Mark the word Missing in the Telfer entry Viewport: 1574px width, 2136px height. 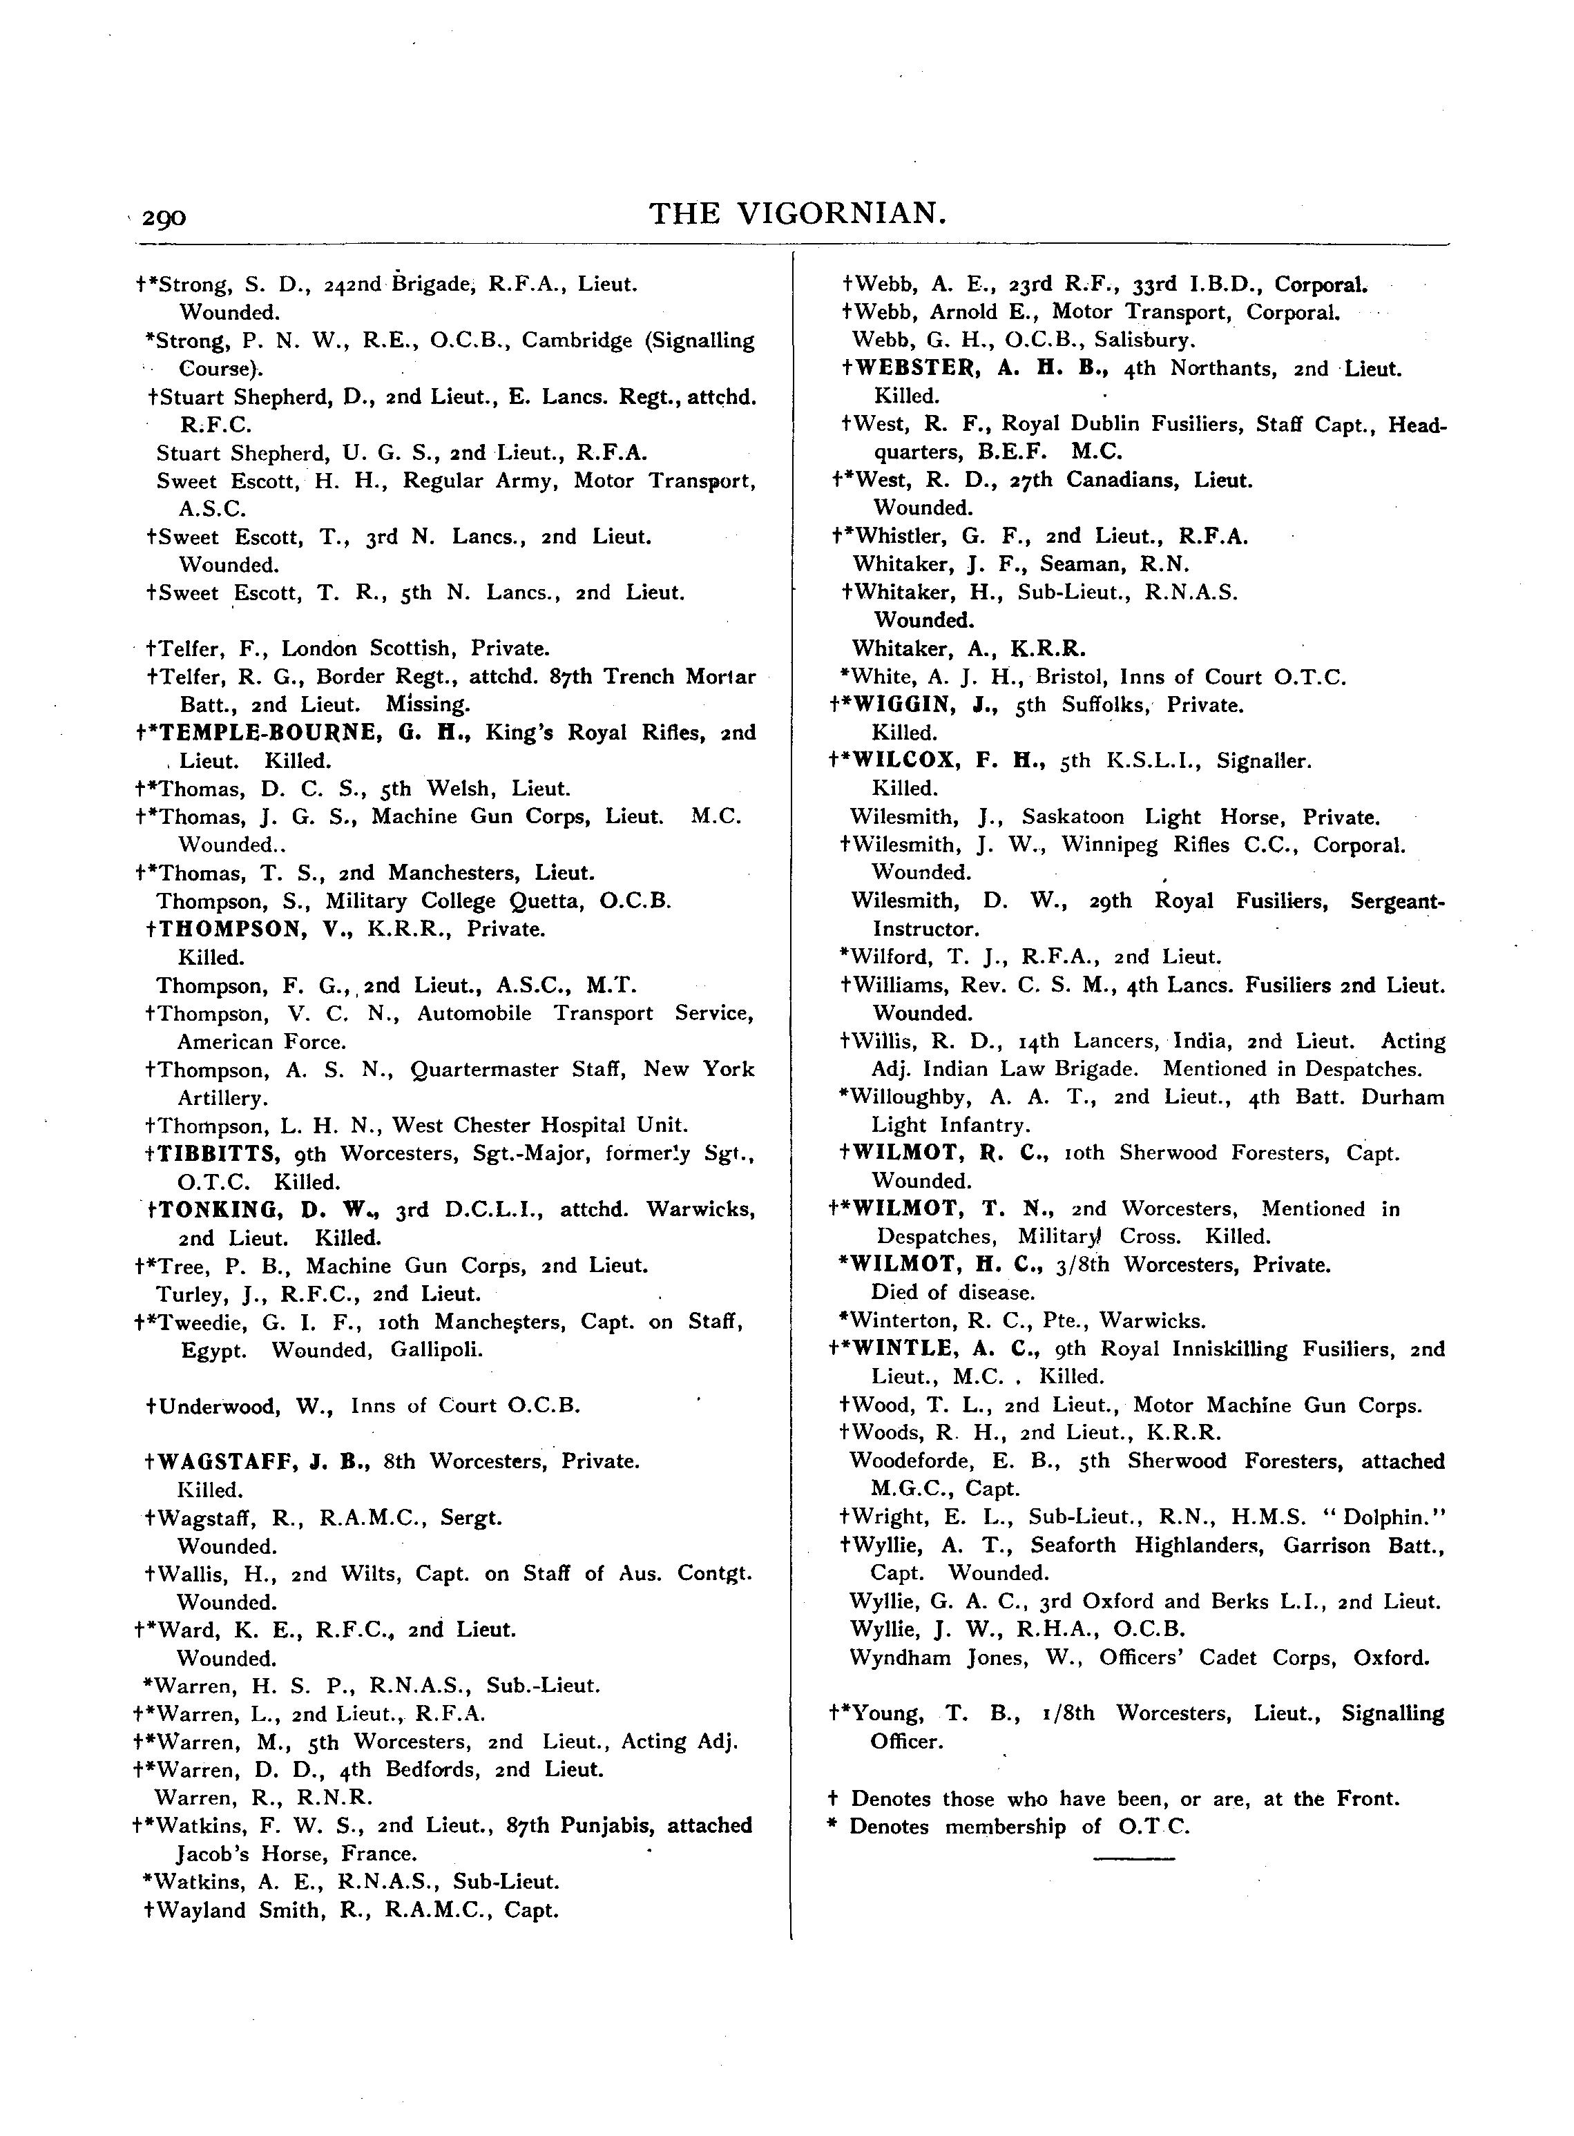tap(428, 705)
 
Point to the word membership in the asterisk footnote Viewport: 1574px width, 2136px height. tap(1005, 1827)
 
